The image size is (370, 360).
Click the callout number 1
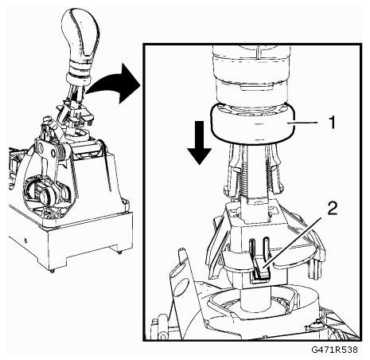click(331, 122)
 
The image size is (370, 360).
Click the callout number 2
click(333, 208)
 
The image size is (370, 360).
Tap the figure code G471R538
click(334, 350)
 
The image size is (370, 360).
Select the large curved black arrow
click(114, 83)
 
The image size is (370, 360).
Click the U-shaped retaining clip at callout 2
click(259, 259)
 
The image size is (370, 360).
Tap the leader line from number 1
click(303, 123)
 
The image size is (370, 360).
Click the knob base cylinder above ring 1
click(251, 77)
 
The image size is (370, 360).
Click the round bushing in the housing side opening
click(43, 197)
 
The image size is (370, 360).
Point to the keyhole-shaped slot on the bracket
click(42, 148)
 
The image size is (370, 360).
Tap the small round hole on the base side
click(25, 241)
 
